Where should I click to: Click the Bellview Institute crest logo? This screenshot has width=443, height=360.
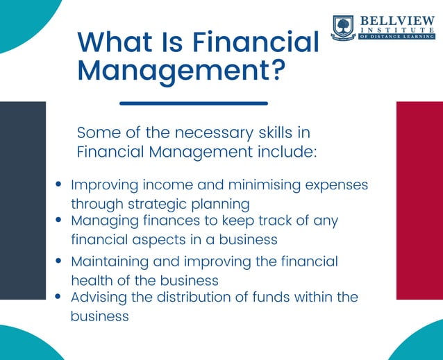(x=343, y=28)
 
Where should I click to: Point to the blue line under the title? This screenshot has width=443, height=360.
(x=194, y=103)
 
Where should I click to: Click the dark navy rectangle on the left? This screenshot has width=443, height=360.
(x=23, y=200)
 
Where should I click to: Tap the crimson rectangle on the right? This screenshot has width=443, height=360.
(x=419, y=200)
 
